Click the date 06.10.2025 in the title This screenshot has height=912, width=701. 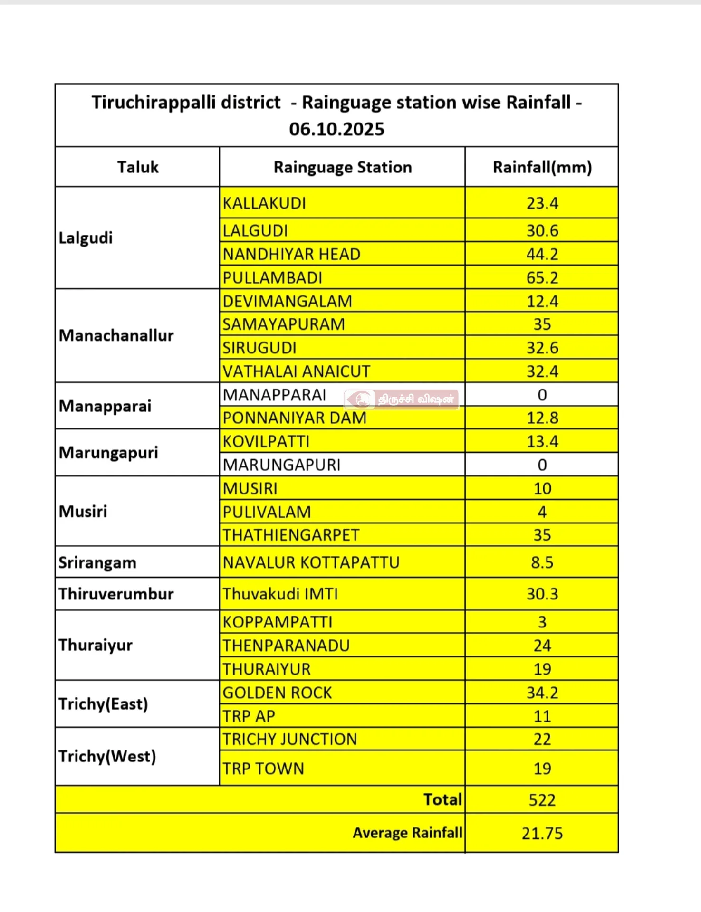point(336,129)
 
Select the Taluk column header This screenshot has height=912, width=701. point(138,167)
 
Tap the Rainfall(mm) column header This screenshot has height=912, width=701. point(542,167)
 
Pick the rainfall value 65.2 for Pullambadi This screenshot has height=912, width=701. point(542,278)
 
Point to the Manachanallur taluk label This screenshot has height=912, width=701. point(116,335)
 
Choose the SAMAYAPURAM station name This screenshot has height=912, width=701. point(284,324)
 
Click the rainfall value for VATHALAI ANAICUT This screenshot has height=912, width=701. point(542,371)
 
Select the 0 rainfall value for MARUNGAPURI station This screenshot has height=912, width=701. point(542,465)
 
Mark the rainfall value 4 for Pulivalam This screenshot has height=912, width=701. point(542,512)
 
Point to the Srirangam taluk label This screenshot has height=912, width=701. point(97,562)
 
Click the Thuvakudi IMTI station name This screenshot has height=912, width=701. point(280,594)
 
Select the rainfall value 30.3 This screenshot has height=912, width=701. point(542,594)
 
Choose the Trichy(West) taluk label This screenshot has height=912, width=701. point(107,756)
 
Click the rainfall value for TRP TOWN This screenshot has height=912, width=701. point(542,769)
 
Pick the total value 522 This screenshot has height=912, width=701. point(542,800)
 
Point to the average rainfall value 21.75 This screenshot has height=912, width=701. point(542,834)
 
